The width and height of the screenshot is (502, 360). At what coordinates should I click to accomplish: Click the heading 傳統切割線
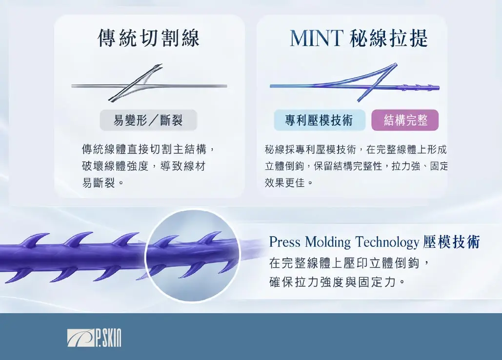(148, 38)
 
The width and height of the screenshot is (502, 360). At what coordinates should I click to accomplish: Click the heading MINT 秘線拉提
(359, 38)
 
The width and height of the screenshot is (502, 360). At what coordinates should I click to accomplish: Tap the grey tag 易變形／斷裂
(148, 120)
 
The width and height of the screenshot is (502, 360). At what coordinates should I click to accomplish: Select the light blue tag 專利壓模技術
(319, 120)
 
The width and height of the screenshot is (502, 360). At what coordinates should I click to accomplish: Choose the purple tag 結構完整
(405, 120)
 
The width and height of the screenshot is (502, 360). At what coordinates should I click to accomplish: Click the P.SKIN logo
(95, 338)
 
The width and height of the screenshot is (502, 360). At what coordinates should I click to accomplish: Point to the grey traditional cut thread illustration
(149, 84)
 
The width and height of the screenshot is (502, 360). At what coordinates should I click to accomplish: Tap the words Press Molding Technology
(344, 242)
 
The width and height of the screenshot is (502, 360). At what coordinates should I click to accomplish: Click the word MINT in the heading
(316, 38)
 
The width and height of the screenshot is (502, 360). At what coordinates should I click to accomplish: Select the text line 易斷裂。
(103, 183)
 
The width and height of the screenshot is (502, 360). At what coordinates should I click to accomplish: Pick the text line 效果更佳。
(289, 183)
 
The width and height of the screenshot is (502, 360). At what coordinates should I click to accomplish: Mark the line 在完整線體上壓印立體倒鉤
(344, 263)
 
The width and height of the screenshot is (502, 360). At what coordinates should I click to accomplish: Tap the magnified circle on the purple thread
(192, 256)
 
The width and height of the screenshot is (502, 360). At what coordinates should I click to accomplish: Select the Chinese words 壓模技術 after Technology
(451, 242)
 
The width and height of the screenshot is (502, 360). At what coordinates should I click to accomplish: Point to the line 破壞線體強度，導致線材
(144, 166)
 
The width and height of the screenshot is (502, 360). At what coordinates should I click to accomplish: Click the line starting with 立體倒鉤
(356, 166)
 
